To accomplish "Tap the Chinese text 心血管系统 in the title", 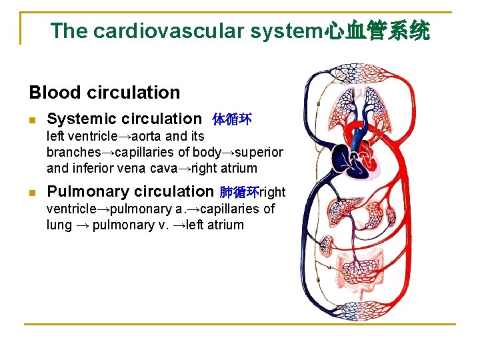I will point(377,31).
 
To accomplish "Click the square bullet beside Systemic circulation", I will point(32,121).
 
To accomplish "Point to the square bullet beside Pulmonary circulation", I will point(32,193).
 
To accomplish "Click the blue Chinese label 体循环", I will point(231,120).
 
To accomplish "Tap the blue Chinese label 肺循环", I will point(239,193).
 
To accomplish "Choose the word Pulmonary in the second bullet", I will point(91,192).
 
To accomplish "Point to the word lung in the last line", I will point(59,225).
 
